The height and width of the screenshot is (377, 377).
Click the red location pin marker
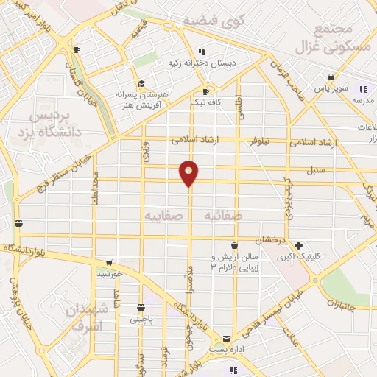click(x=189, y=173)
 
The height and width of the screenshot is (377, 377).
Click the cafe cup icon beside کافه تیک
click(x=205, y=91)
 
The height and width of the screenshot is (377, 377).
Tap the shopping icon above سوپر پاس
click(x=331, y=77)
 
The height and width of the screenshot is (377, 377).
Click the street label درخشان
click(x=269, y=241)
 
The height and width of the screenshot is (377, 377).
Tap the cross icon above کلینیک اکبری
click(x=298, y=245)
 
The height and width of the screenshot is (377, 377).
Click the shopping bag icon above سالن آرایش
click(x=234, y=246)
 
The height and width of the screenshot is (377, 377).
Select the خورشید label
click(x=109, y=274)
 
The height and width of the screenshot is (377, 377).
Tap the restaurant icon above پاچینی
click(x=143, y=308)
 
